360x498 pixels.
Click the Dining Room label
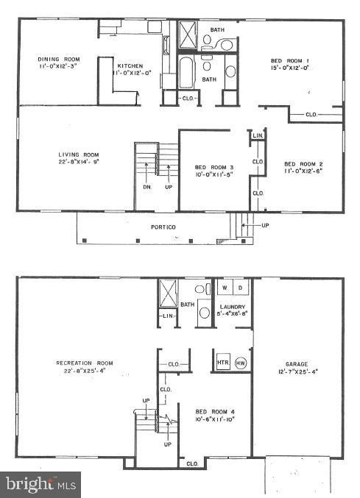click(x=58, y=59)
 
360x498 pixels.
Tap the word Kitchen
click(x=129, y=65)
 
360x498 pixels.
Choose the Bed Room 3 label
click(x=209, y=167)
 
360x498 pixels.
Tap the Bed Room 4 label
click(x=209, y=411)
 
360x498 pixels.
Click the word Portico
click(x=163, y=228)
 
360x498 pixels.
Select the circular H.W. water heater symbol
click(x=241, y=363)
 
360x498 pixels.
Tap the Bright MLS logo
click(x=41, y=485)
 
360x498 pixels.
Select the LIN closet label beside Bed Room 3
click(x=258, y=136)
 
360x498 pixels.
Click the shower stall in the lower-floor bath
click(x=169, y=295)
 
